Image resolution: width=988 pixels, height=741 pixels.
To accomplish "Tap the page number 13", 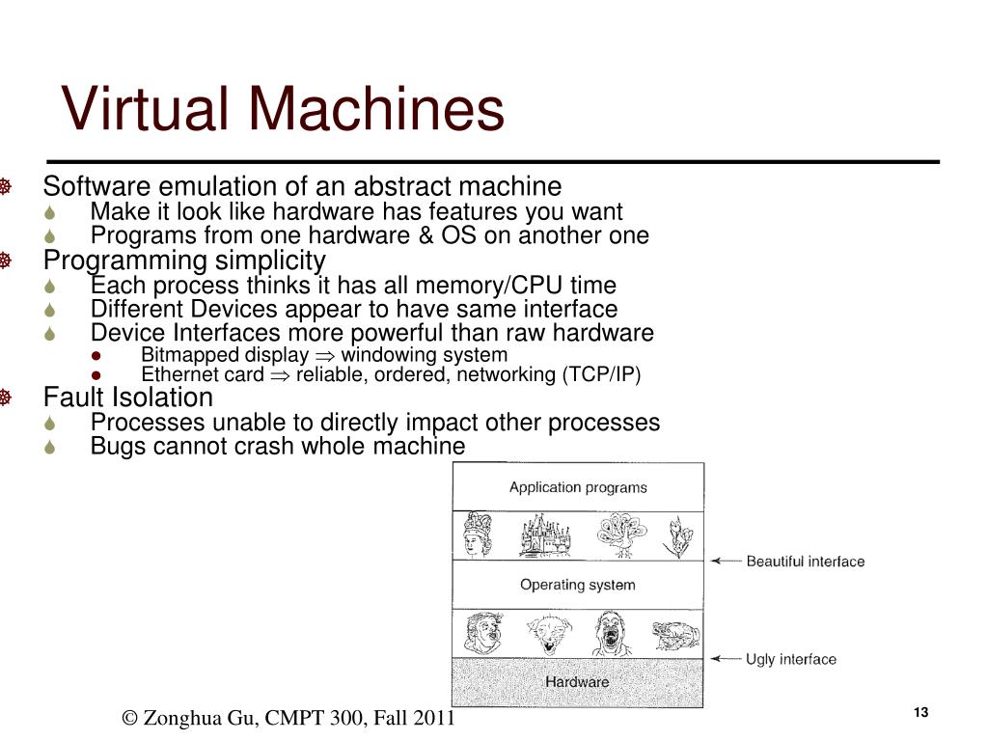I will point(919,712).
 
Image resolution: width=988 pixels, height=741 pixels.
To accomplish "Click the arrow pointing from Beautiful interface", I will point(725,561).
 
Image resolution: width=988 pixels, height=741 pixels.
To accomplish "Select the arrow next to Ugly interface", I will point(725,659).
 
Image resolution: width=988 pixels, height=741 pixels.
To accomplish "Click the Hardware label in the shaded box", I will point(577,682).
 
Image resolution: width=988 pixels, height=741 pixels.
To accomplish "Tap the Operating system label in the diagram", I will point(577,585).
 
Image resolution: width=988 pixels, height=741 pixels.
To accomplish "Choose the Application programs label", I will point(578,487).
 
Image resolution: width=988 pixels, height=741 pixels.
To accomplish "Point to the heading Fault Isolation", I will point(128,398).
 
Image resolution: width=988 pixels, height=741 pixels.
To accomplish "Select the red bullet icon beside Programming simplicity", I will point(6,261).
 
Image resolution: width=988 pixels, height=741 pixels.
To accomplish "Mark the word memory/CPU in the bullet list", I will point(468,286).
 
